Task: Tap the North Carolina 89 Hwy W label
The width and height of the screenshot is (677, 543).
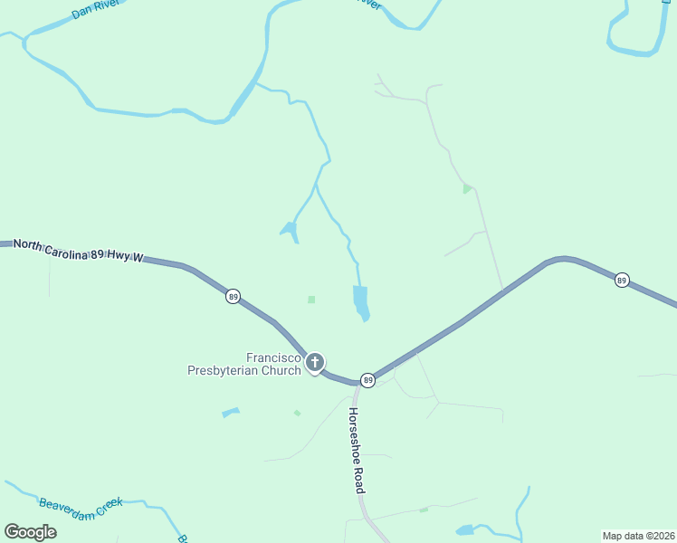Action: pos(79,251)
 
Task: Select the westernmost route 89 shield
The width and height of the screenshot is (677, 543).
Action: pos(233,297)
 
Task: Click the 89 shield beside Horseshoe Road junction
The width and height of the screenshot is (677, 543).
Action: pos(367,379)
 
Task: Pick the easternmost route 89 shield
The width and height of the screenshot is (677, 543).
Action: pos(621,281)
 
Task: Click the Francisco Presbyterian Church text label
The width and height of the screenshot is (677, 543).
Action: pos(244,364)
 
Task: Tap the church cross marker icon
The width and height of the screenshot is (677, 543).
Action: pos(315,363)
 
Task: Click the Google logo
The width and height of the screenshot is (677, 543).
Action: pos(31,531)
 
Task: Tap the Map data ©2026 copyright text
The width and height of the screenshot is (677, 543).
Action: pos(638,536)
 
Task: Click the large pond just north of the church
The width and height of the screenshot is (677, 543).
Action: pos(360,301)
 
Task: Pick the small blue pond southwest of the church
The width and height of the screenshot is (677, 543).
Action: pos(231,414)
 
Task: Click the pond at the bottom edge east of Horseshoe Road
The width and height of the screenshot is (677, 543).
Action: pos(464,529)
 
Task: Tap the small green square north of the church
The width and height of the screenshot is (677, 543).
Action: pos(311,300)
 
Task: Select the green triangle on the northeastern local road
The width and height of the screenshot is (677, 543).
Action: pos(467,188)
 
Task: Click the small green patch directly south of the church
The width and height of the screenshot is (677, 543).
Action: pos(297,414)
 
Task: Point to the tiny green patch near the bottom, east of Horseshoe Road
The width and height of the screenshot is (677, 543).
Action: pos(424,510)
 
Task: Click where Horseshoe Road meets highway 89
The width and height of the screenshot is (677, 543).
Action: pos(358,384)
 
